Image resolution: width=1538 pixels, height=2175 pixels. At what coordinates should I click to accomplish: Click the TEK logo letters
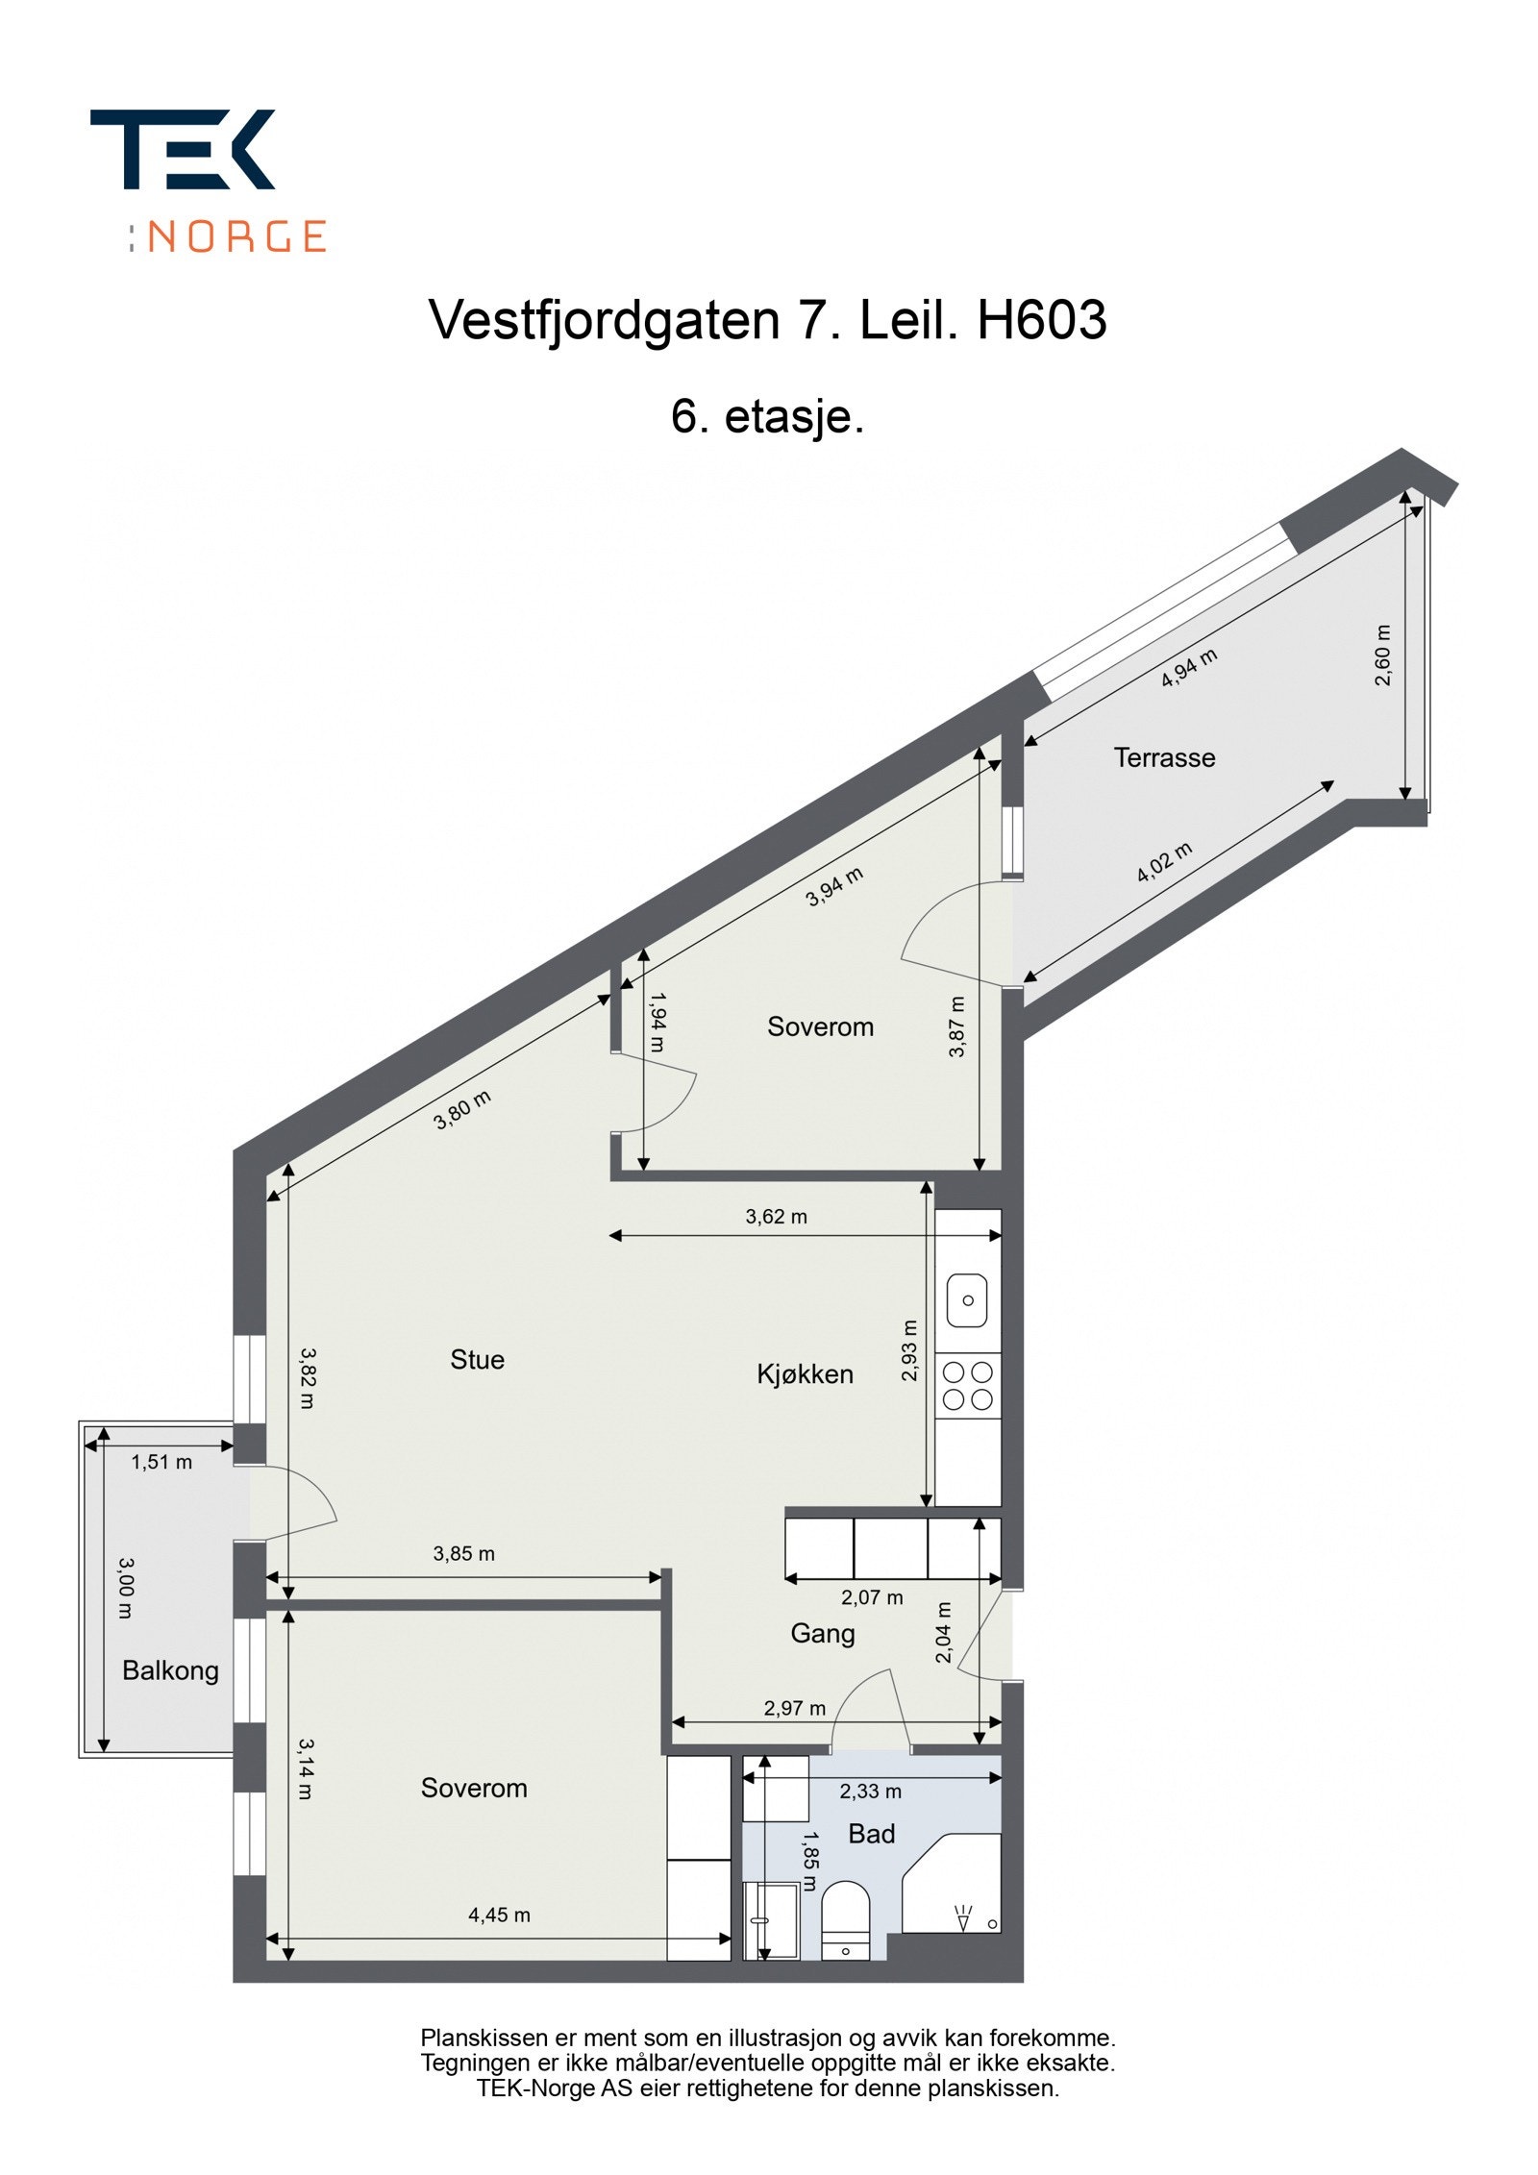tap(183, 149)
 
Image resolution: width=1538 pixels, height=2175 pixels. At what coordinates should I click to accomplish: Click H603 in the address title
tap(1041, 320)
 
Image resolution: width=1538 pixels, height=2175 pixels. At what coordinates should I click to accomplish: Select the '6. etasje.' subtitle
tap(767, 416)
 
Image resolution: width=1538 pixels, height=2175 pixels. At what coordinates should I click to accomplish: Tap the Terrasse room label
tap(1164, 757)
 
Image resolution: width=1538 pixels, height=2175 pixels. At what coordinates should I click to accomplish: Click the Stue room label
tap(477, 1359)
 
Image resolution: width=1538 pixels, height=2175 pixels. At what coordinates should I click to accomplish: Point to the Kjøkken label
tap(805, 1373)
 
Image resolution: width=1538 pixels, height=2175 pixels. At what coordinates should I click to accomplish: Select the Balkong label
tap(170, 1670)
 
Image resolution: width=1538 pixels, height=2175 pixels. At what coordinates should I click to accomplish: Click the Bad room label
tap(871, 1834)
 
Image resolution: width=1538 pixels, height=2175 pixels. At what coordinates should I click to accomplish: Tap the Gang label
tap(822, 1633)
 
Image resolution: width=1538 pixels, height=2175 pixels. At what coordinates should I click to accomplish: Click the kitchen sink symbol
tap(967, 1299)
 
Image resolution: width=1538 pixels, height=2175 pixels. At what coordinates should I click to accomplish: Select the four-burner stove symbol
tap(967, 1385)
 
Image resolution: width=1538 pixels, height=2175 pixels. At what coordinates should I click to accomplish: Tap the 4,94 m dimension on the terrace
tap(1189, 668)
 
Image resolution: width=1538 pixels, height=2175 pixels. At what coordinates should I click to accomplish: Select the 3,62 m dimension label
tap(776, 1216)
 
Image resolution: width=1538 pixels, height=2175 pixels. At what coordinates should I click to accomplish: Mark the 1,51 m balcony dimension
tap(161, 1462)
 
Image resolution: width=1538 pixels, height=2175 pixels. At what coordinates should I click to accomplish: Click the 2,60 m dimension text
tap(1382, 655)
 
